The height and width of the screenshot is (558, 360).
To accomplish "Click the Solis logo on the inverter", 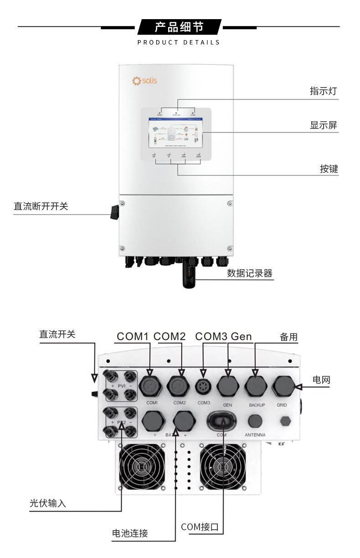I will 144,81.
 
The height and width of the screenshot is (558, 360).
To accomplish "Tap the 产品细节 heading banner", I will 179,27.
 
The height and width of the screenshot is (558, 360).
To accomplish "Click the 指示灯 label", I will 323,91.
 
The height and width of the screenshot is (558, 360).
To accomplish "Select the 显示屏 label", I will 324,125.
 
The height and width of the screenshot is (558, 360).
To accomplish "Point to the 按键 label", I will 329,169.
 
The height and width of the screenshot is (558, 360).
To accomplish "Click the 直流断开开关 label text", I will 41,206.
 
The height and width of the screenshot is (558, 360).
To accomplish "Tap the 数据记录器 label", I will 250,273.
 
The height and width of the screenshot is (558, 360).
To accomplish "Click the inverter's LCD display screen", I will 175,133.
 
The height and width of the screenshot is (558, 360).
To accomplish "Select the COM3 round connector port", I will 204,387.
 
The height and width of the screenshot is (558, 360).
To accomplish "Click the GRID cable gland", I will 282,387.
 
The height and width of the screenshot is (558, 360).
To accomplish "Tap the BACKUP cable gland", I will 256,387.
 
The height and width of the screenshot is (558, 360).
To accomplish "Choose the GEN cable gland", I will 228,387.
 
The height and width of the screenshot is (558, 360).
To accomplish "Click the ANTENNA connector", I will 256,420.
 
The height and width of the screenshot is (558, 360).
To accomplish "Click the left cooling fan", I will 142,467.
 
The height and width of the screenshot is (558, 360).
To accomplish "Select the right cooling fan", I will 222,467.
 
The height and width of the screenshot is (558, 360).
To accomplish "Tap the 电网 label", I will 321,380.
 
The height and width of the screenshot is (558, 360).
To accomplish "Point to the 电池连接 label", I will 130,533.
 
